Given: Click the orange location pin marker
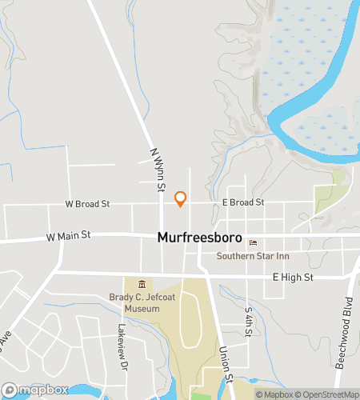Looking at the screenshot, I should click(180, 198).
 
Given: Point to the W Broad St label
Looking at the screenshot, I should click(87, 204).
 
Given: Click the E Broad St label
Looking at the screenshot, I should click(243, 203).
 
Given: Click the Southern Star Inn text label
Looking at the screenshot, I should click(253, 256).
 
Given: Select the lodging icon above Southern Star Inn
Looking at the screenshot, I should click(253, 243).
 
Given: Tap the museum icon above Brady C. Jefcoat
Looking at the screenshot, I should click(142, 284).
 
